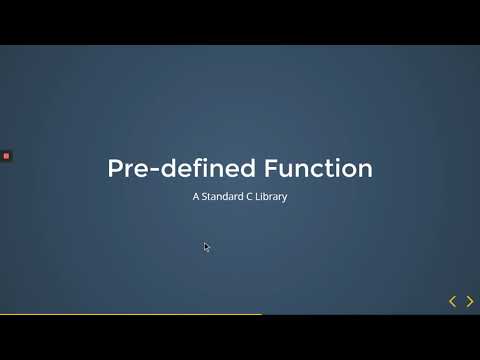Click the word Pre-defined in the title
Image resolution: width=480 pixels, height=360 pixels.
(169, 168)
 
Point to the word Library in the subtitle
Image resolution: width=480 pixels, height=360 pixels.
(271, 197)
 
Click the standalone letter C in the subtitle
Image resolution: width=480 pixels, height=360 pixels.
(250, 197)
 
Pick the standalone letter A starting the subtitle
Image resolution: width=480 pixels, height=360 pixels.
(196, 197)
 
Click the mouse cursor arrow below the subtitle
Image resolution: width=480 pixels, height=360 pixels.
(206, 246)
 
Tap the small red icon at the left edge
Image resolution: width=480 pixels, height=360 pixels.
(6, 156)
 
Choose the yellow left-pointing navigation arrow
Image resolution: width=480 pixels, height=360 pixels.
(452, 301)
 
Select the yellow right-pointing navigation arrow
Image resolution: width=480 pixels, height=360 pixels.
(470, 301)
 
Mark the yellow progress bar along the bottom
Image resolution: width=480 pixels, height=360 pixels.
(130, 314)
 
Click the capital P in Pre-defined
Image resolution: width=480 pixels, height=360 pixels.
(115, 168)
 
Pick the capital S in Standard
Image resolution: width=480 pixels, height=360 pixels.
(206, 197)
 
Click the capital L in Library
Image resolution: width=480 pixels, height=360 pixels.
(259, 197)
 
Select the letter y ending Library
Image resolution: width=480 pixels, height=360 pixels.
(285, 199)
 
